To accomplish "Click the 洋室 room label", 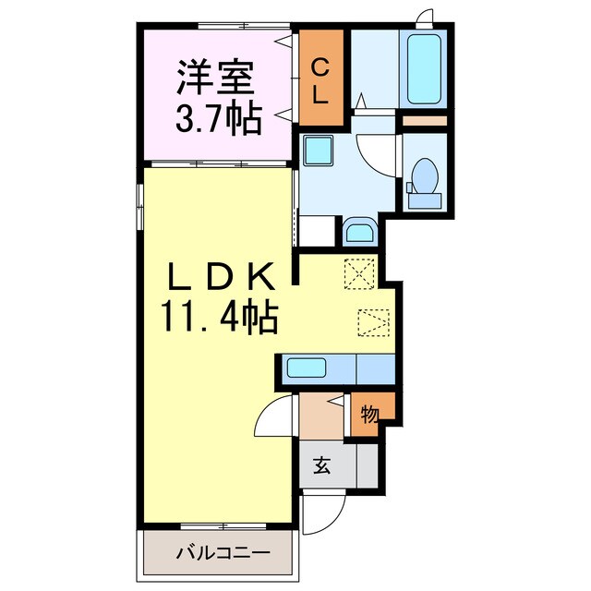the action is click(215, 77).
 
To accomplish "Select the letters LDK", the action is click(221, 277).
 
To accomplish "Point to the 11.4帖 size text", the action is click(220, 317).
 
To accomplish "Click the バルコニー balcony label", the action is click(223, 553).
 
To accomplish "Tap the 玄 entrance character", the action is click(322, 465).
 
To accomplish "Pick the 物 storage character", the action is click(369, 415).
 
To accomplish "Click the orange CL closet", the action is click(321, 78).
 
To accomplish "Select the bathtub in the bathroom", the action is click(424, 69).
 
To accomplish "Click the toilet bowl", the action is click(425, 176).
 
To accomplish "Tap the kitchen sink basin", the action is click(307, 368).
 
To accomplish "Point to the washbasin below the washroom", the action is click(361, 231).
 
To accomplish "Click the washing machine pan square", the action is click(319, 150).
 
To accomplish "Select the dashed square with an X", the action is click(360, 274).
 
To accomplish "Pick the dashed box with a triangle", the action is click(373, 322).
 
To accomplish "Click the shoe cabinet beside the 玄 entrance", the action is click(368, 465).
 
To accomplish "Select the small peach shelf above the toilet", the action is click(425, 121).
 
